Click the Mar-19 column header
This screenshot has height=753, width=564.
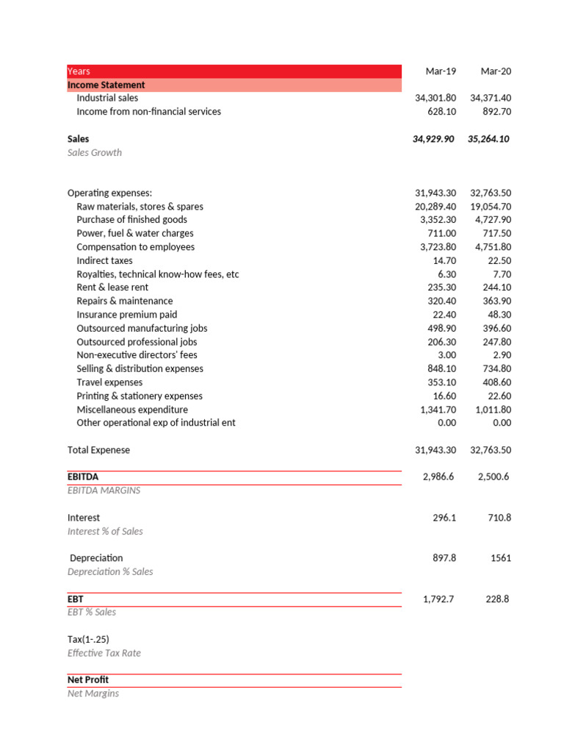coord(441,71)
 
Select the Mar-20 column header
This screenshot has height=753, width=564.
coord(496,71)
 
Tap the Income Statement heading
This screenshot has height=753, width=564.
coord(106,85)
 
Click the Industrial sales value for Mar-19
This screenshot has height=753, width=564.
coord(435,98)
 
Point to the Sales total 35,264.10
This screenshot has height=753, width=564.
coord(489,139)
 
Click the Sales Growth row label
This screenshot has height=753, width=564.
coord(95,153)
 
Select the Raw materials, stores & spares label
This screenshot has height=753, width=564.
coord(140,207)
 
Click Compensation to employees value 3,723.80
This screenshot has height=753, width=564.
coord(435,247)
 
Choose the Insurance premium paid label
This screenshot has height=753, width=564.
coord(126,315)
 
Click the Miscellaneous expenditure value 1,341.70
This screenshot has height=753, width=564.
coord(435,410)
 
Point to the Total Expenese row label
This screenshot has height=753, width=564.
coord(98,450)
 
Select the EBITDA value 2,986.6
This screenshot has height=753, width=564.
coord(438,477)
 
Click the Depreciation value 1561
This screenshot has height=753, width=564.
coord(501,558)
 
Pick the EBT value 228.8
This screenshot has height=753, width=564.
coord(497,599)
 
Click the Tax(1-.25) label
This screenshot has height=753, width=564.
coord(88,640)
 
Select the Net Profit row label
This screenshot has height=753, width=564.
coord(88,680)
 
